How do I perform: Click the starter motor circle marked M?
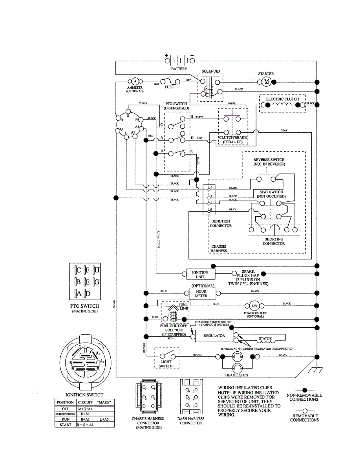[267, 82]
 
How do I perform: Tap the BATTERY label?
[179, 69]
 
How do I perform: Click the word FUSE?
[169, 87]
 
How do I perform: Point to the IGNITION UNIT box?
[200, 274]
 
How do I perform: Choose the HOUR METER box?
[201, 294]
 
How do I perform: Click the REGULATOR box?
[214, 336]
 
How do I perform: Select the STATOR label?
[265, 338]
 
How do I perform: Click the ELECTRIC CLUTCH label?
[282, 99]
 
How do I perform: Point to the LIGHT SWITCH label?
[166, 363]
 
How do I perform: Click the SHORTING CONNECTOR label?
[274, 241]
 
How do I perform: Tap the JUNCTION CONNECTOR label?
[221, 223]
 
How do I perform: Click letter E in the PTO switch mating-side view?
[87, 282]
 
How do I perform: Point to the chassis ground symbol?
[314, 369]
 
